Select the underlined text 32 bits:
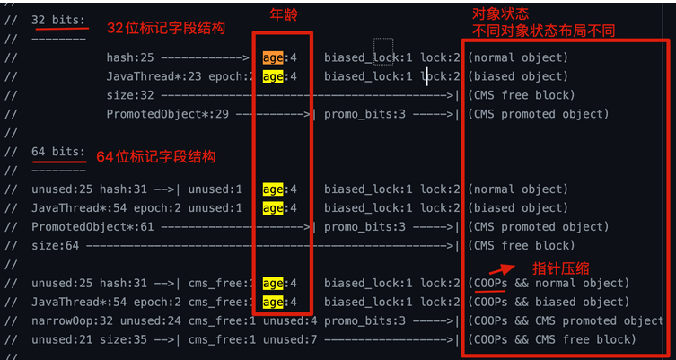[x=58, y=20]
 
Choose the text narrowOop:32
[x=73, y=320]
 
